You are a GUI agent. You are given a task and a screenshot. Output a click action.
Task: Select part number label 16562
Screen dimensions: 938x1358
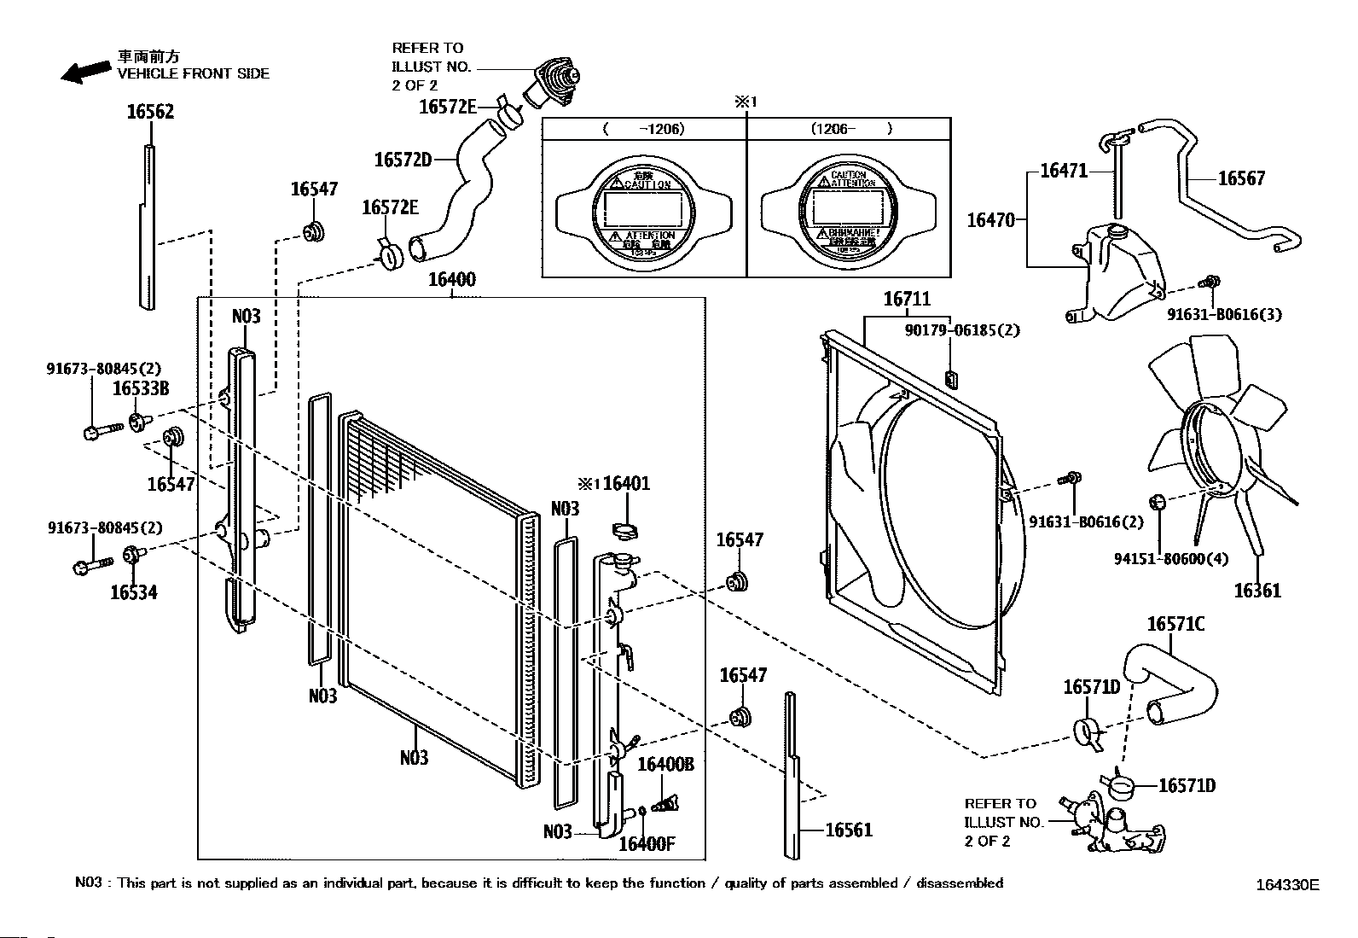coord(150,112)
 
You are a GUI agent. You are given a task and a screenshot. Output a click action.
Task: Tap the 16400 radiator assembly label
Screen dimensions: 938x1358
coord(451,280)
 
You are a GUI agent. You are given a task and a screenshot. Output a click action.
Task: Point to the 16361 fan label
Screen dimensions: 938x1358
coord(1257,591)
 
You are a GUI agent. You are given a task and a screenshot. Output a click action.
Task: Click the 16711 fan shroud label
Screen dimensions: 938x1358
coord(907,299)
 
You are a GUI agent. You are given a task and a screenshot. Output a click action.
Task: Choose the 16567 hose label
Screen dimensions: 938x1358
coord(1241,178)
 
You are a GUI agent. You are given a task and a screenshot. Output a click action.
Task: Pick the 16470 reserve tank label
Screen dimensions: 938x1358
coord(990,220)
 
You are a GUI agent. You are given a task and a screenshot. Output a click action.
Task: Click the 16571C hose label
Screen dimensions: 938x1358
coord(1175,625)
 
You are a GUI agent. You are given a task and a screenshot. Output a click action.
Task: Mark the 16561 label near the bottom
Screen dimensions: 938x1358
coord(849,830)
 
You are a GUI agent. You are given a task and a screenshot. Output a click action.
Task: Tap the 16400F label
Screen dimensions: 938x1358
coord(647,844)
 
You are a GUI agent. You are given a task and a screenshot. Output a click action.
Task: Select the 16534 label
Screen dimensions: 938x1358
coord(134,592)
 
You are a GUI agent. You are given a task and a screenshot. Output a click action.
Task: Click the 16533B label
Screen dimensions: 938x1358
coord(141,389)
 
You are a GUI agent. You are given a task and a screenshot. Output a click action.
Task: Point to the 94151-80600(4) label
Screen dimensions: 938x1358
coord(1171,560)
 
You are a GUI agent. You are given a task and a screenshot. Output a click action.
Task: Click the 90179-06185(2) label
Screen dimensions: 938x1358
coord(962,330)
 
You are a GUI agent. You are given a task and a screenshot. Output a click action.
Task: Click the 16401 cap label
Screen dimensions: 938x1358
coord(626,484)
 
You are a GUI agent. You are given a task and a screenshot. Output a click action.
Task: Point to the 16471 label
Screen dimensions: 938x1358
coord(1064,171)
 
